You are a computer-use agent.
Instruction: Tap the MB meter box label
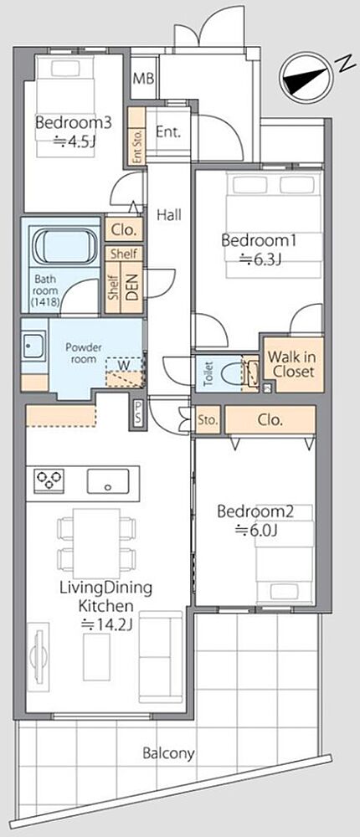point(143,79)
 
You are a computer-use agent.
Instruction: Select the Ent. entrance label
point(167,132)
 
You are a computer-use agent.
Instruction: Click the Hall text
point(169,215)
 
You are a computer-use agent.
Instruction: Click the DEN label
point(132,285)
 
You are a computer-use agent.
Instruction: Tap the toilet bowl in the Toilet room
point(229,373)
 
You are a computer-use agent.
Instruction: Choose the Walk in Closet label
point(291,364)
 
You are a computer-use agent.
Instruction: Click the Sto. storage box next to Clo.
point(208,419)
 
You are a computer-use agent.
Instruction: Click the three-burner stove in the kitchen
point(49,480)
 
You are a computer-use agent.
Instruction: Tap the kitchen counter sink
point(108,481)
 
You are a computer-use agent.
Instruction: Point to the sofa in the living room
point(160,656)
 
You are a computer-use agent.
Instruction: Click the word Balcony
point(168,754)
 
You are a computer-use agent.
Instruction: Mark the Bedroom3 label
point(73,123)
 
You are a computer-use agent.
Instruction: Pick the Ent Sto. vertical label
point(137,146)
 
